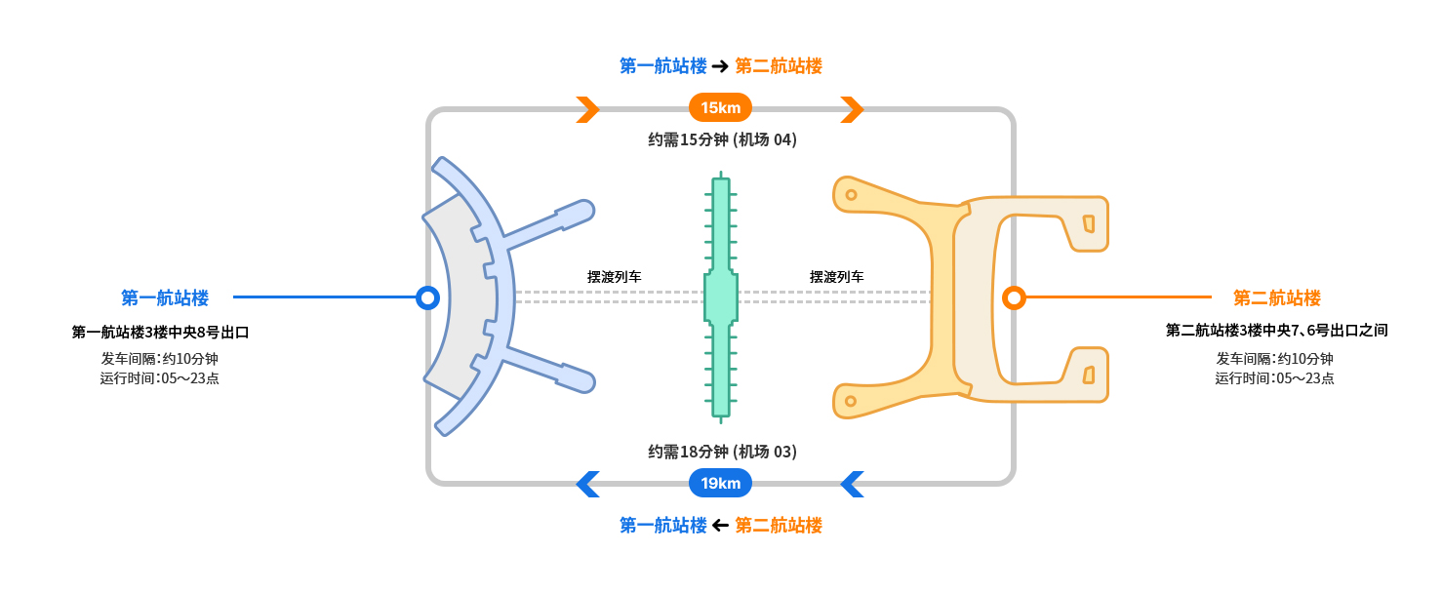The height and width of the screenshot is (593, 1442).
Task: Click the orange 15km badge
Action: tap(720, 107)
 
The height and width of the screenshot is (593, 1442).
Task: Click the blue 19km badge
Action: tap(720, 483)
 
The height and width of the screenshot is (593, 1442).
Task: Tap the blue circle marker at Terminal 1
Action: tap(426, 297)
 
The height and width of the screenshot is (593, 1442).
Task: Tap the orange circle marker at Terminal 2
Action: tap(1014, 297)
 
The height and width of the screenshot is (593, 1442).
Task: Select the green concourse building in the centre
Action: tap(721, 297)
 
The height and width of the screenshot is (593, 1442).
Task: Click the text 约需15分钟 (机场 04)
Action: tap(722, 139)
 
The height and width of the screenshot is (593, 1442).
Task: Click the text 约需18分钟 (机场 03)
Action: tap(722, 452)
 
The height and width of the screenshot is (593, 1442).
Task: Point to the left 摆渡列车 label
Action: tap(614, 277)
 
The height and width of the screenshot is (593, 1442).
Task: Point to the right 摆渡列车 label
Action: tap(836, 277)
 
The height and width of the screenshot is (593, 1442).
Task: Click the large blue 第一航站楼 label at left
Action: tap(165, 297)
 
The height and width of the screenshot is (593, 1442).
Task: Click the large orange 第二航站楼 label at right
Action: tap(1276, 297)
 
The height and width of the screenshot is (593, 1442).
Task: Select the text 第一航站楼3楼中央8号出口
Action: tap(161, 333)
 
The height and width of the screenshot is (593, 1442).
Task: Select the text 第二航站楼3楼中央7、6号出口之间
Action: tap(1276, 331)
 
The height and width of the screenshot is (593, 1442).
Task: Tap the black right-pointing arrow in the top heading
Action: tap(720, 66)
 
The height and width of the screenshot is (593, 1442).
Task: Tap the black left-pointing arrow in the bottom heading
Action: tap(720, 526)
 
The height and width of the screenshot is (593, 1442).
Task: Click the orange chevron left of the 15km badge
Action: tap(587, 109)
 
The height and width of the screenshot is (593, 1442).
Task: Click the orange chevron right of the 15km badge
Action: tap(852, 109)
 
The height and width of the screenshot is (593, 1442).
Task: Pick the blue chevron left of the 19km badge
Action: tap(587, 484)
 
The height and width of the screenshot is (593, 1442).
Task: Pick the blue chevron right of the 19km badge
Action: tap(852, 484)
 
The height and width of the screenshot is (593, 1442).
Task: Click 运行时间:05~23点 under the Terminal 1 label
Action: tap(159, 378)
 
